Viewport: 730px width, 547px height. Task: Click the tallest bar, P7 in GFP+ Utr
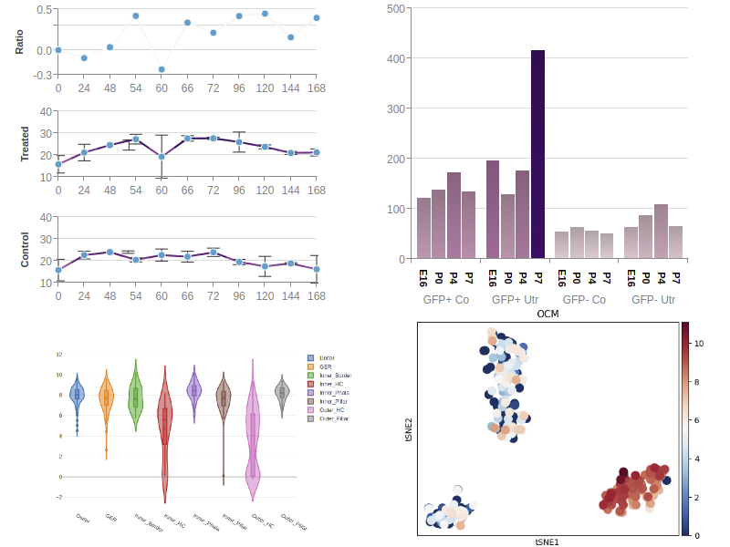(537, 155)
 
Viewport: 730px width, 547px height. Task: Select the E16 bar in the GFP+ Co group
(423, 228)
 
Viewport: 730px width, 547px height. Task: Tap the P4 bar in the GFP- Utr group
(661, 232)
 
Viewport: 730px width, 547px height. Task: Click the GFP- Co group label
(584, 299)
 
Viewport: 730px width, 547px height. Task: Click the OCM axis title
(547, 314)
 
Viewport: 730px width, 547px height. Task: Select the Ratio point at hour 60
(162, 69)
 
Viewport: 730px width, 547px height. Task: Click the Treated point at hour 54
(136, 139)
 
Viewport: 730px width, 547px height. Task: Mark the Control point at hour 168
(317, 269)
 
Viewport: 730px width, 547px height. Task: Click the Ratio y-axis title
(20, 41)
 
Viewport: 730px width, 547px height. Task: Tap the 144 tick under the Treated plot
(291, 191)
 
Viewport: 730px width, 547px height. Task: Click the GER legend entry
(327, 366)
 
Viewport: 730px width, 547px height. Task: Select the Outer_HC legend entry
(328, 409)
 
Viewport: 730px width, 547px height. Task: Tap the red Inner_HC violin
(165, 428)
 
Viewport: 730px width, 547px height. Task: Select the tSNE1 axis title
(547, 542)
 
